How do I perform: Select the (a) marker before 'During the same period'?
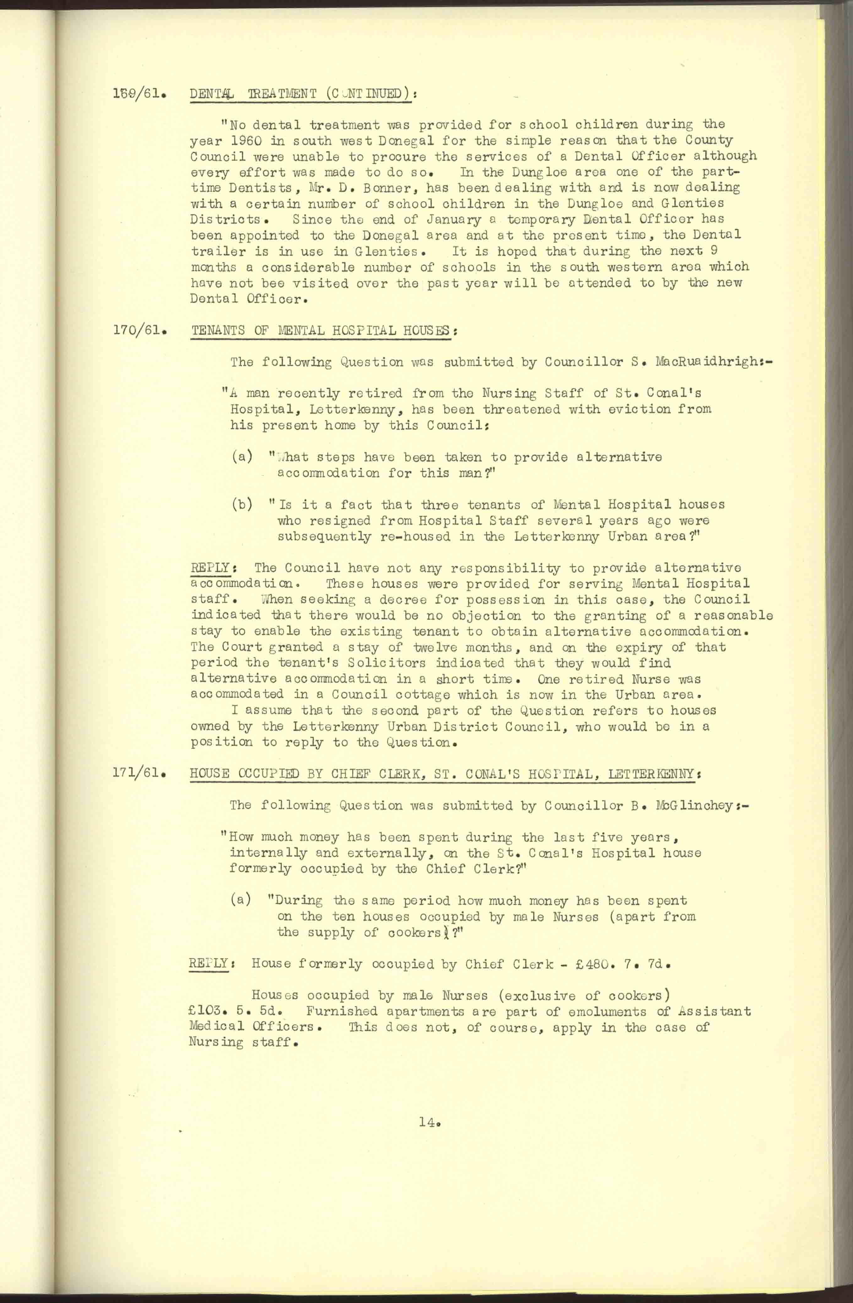pyautogui.click(x=241, y=901)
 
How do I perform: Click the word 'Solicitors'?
pyautogui.click(x=382, y=663)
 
